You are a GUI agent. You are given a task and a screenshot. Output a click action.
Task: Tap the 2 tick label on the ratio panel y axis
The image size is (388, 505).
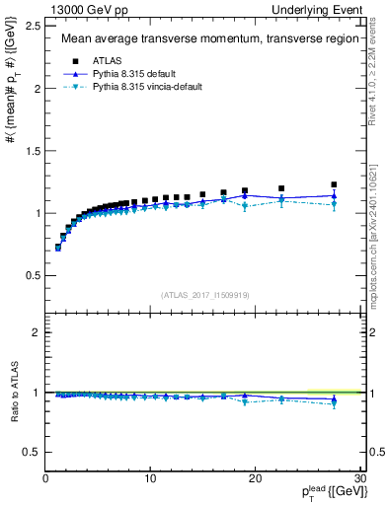(x=36, y=332)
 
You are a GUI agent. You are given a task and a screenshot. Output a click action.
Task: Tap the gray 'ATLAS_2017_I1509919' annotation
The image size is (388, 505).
(x=203, y=295)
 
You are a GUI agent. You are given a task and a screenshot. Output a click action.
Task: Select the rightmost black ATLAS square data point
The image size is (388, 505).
(x=334, y=184)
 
